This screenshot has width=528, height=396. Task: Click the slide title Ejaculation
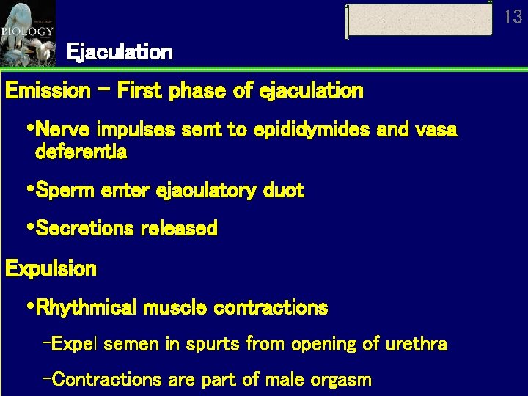pos(120,53)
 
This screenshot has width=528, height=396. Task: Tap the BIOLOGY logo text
pos(27,32)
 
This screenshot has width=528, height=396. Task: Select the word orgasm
pos(344,380)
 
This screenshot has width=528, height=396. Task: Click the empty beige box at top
pos(419,20)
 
